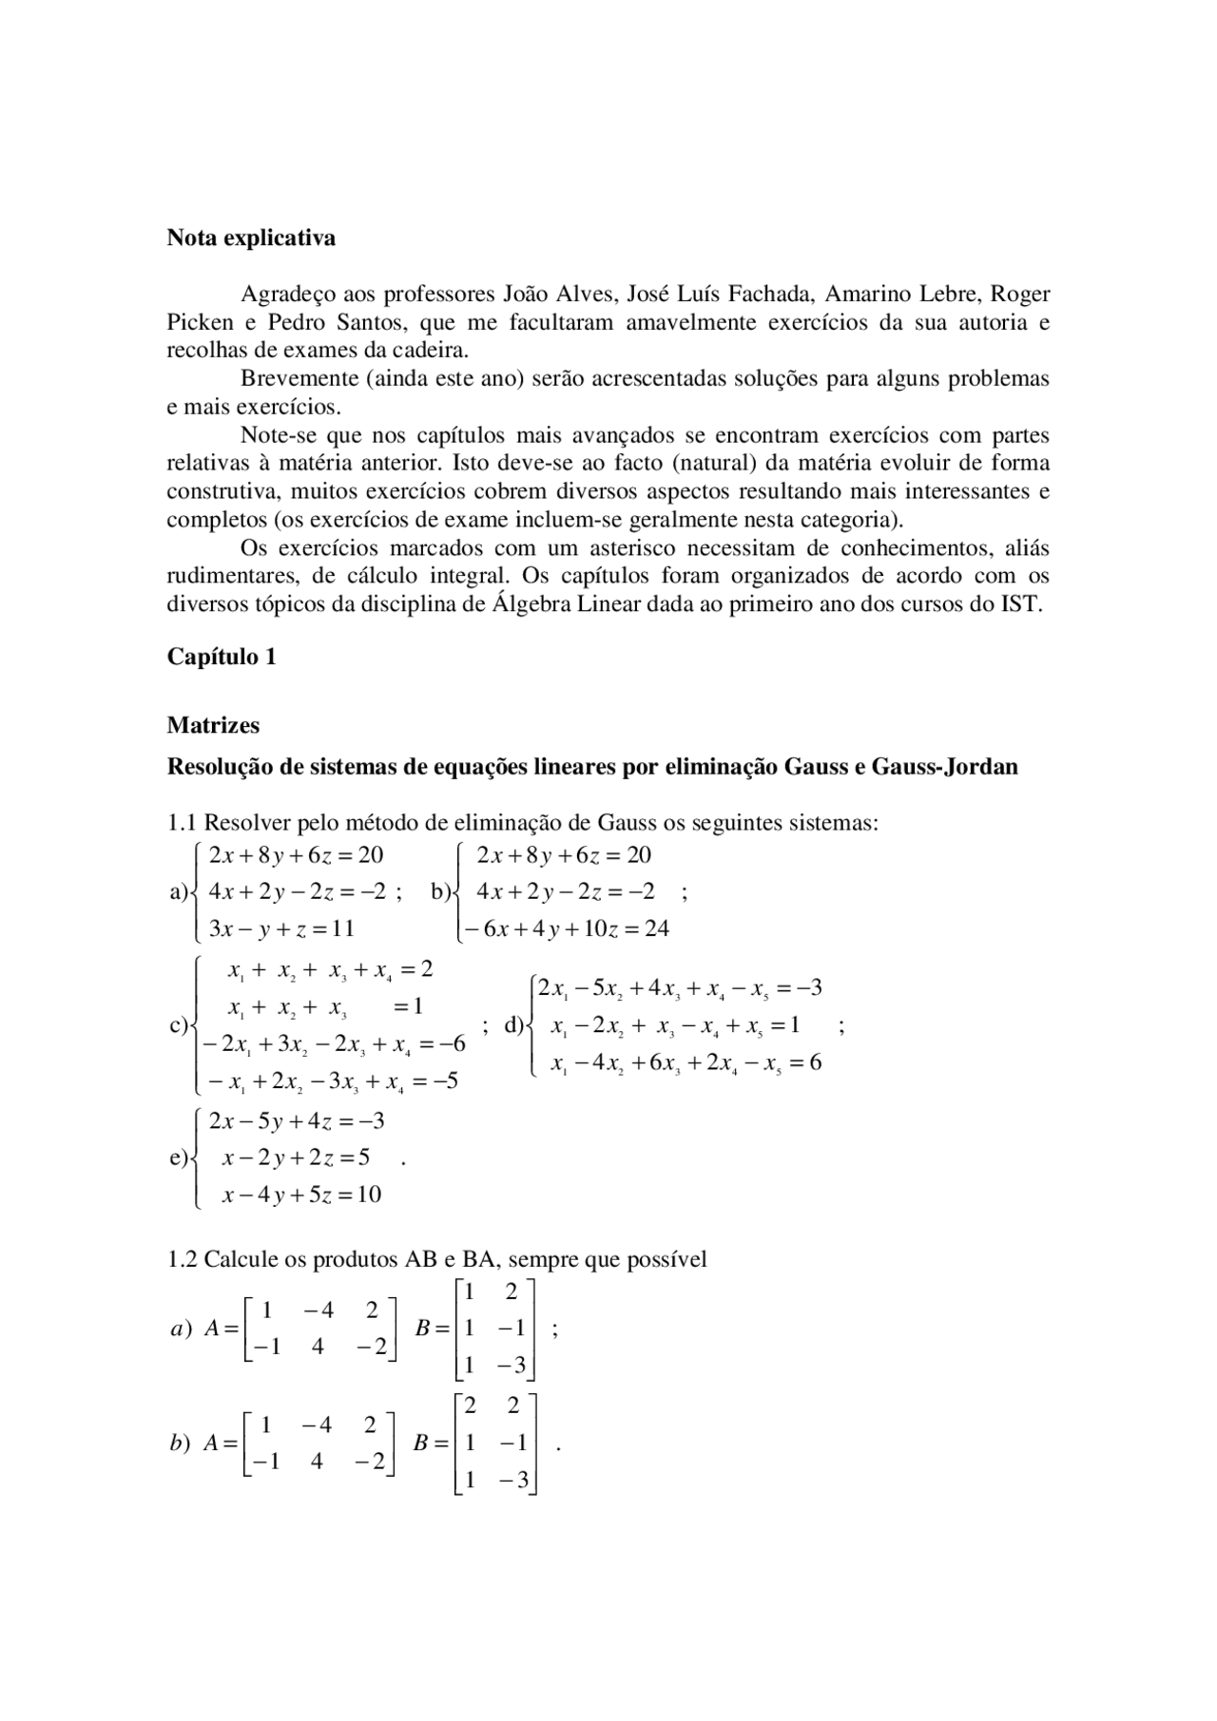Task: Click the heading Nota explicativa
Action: (251, 238)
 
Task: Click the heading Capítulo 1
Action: (222, 657)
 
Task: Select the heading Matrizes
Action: (213, 725)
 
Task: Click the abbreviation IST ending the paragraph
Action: (1022, 604)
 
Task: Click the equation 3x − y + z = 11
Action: (280, 929)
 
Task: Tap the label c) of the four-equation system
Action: (178, 1026)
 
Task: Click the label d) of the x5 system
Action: (513, 1025)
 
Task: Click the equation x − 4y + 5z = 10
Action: (301, 1195)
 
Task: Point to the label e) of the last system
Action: (178, 1158)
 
